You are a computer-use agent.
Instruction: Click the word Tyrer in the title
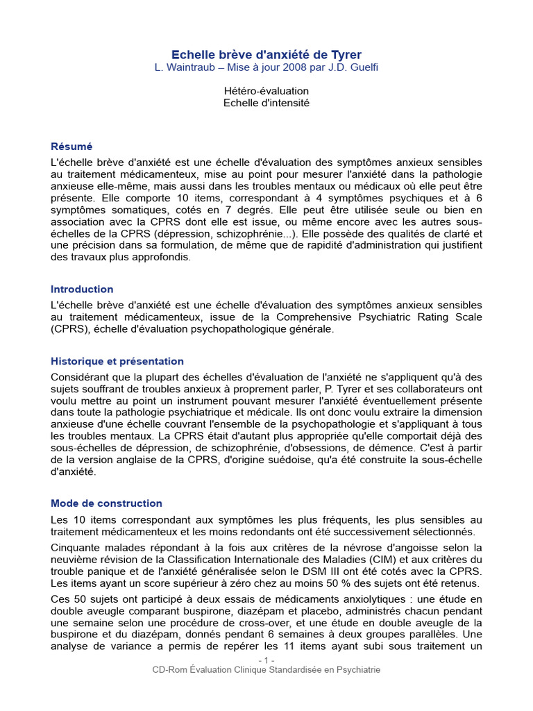pyautogui.click(x=344, y=54)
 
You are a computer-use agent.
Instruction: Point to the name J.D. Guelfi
pyautogui.click(x=355, y=67)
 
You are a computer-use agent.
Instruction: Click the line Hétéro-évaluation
pyautogui.click(x=266, y=91)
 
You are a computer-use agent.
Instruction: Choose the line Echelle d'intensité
pyautogui.click(x=266, y=103)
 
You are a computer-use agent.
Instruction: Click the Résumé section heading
pyautogui.click(x=71, y=147)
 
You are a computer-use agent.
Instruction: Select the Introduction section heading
pyautogui.click(x=82, y=289)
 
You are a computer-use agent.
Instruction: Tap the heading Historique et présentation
pyautogui.click(x=117, y=361)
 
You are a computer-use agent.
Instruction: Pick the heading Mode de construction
pyautogui.click(x=106, y=503)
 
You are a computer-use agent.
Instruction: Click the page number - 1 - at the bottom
pyautogui.click(x=266, y=660)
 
